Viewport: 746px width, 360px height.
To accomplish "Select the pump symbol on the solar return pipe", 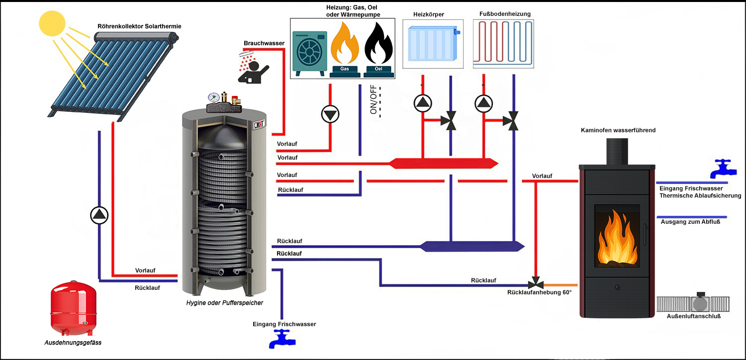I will (99, 215).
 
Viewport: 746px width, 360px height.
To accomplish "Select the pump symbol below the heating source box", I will (330, 114).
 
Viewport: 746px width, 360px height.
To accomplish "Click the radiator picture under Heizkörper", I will (432, 44).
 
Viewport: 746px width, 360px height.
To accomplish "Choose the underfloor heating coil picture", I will (503, 44).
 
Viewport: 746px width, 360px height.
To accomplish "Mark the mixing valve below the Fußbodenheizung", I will (511, 121).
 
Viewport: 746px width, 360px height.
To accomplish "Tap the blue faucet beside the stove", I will (721, 169).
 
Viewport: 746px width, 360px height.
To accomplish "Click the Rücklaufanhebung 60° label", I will (539, 292).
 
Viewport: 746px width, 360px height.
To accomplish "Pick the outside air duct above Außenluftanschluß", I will (693, 303).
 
